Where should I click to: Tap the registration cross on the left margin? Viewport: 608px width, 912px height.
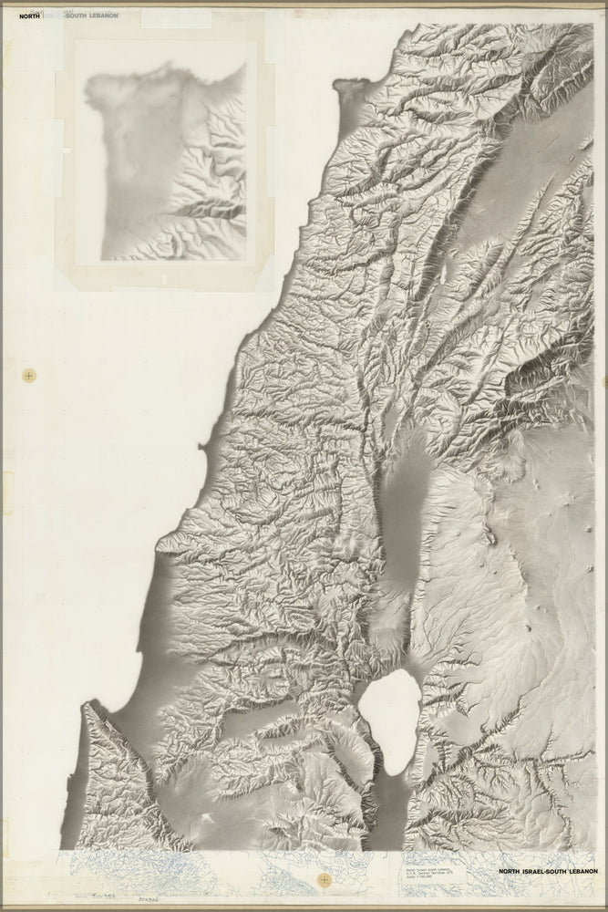click(30, 375)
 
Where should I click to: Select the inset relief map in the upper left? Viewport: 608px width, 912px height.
click(164, 160)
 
